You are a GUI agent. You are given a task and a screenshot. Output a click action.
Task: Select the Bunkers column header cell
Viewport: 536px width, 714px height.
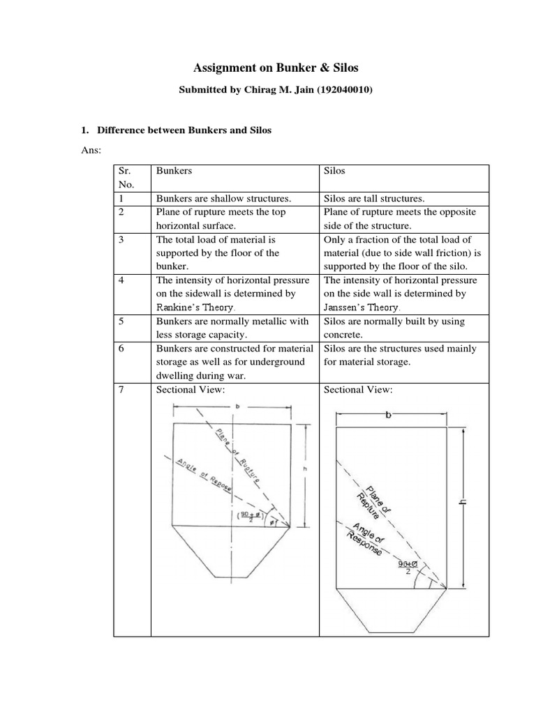tap(170, 170)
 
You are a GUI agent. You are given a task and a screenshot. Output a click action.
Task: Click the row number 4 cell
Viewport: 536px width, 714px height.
tap(120, 280)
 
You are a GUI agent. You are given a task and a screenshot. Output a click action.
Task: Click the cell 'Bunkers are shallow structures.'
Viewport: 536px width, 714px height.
tap(214, 198)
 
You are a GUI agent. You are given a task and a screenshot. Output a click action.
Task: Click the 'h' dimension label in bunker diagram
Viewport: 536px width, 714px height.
tap(305, 469)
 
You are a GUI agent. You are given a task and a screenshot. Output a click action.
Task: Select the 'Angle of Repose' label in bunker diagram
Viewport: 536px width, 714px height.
tap(195, 476)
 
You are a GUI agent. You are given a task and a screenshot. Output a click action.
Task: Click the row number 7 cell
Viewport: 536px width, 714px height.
tap(120, 390)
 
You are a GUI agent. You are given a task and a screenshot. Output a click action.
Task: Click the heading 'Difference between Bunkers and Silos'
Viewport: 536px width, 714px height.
tap(184, 130)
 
